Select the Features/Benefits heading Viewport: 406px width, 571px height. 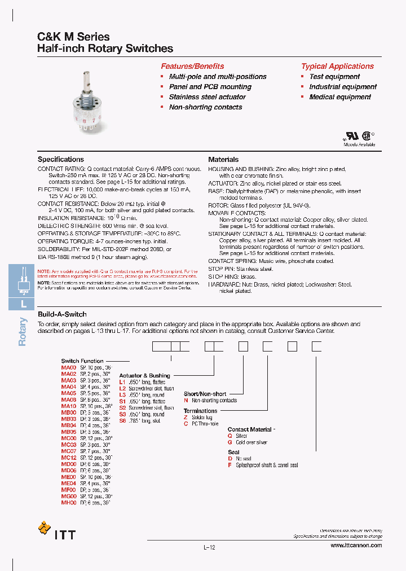tap(192, 66)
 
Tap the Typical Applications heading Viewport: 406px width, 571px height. tap(337, 66)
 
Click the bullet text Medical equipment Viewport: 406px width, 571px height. tap(340, 97)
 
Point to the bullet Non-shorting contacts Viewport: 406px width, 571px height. tap(205, 107)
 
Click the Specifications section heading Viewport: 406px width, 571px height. tap(61, 160)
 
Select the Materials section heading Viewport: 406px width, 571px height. tap(223, 160)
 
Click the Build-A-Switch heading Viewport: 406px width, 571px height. tap(62, 314)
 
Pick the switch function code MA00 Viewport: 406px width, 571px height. tap(68, 367)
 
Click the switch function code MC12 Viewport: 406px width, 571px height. tap(68, 458)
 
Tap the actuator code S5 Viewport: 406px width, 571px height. tap(122, 420)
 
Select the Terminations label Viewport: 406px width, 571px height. tap(200, 411)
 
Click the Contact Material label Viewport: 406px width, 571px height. tap(250, 429)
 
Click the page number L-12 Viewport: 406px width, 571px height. tap(209, 547)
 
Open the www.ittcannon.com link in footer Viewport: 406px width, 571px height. tap(356, 546)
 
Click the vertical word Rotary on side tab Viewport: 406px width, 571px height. tap(23, 332)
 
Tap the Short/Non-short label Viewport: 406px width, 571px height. tap(205, 394)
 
